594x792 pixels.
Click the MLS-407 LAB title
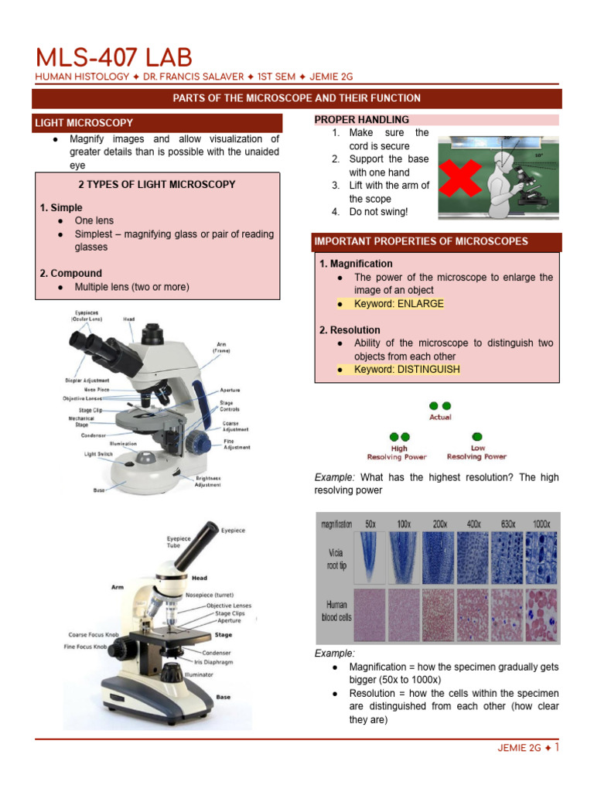114,57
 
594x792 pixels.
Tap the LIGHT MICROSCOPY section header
83,122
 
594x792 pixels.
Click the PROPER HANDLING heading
362,119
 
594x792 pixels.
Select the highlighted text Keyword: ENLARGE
398,303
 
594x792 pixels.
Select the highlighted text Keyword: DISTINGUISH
406,370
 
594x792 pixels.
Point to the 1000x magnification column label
542,524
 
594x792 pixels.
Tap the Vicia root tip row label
336,560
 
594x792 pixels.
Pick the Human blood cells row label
336,611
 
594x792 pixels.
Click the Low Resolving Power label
477,452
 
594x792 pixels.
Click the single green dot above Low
477,437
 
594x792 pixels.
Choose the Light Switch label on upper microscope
101,454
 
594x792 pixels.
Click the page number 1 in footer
557,747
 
